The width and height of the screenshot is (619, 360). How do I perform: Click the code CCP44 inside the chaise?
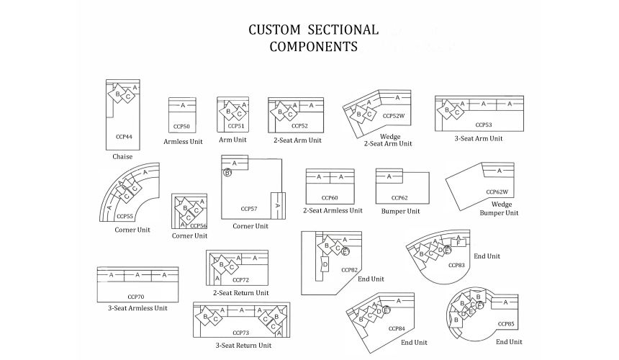(124, 135)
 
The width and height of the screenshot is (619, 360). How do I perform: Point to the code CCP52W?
(394, 115)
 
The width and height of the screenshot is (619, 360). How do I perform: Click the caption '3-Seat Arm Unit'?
(479, 138)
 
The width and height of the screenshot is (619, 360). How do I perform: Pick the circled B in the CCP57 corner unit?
(227, 173)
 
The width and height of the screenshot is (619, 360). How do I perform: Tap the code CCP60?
(330, 197)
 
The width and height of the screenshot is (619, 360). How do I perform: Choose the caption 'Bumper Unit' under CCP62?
(401, 212)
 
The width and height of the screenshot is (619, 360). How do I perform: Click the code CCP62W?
(497, 192)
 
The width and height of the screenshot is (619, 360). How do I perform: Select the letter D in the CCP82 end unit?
(325, 265)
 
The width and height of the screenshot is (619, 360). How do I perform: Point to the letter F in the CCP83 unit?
(458, 243)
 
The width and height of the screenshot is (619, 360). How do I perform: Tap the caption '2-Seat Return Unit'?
(241, 293)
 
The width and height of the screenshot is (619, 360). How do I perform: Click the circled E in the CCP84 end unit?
(387, 310)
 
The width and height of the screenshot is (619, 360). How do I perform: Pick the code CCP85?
(505, 324)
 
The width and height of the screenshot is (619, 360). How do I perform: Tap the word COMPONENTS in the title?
(313, 48)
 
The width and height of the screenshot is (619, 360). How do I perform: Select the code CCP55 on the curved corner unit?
(124, 216)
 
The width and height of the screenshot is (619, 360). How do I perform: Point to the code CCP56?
(198, 225)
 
